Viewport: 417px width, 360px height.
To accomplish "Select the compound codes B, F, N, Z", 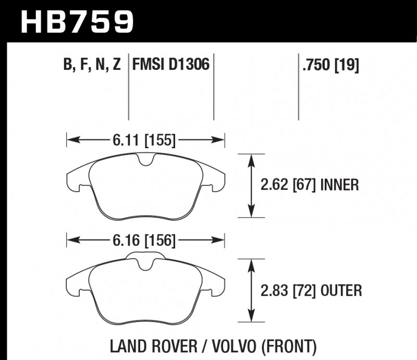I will (x=92, y=65).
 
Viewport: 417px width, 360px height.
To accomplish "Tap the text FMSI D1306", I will (x=171, y=65).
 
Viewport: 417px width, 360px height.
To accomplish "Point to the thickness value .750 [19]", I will (x=330, y=66).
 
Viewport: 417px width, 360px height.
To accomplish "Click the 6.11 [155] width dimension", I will (x=142, y=140).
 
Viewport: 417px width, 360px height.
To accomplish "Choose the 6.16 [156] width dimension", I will (x=142, y=241).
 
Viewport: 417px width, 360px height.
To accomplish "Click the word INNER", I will (x=339, y=185).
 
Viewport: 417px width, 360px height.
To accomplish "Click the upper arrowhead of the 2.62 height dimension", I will (x=252, y=158).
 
